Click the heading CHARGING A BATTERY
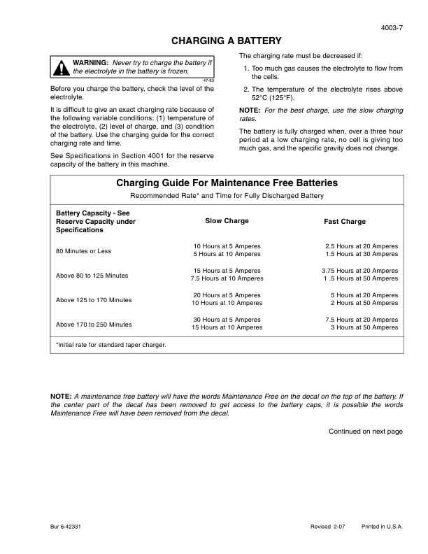pyautogui.click(x=227, y=41)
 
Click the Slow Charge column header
pyautogui.click(x=227, y=221)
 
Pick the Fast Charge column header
pyautogui.click(x=344, y=222)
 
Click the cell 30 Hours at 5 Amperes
pyautogui.click(x=227, y=320)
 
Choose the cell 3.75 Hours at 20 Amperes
pyautogui.click(x=359, y=271)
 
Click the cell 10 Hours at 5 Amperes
pyautogui.click(x=227, y=246)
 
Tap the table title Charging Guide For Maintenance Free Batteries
pyautogui.click(x=227, y=183)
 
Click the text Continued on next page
pyautogui.click(x=365, y=432)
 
